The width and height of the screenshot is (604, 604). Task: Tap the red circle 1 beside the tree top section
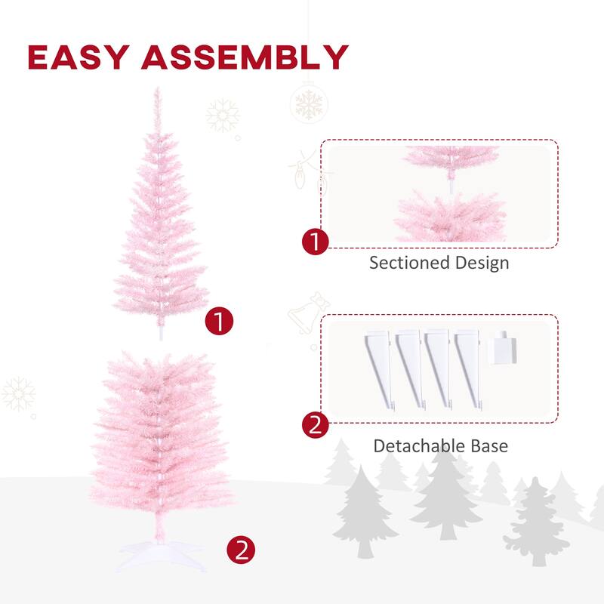pos(219,322)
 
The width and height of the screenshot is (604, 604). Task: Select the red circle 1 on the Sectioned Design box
pos(315,243)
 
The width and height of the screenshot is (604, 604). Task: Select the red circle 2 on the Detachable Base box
pos(315,426)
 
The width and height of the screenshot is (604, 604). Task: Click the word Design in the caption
pos(482,263)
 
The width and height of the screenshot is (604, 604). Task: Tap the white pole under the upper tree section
pos(159,330)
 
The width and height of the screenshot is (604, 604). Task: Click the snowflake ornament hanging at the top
pos(308,102)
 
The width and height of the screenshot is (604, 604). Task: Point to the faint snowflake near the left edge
pos(18,394)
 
